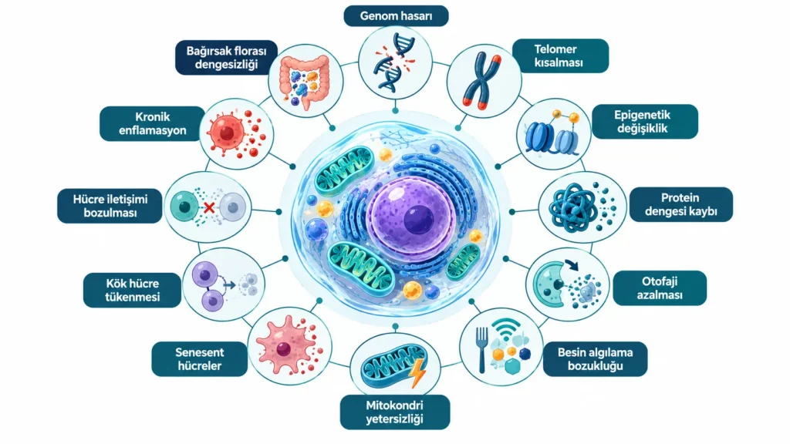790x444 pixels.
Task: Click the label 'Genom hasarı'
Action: (396, 15)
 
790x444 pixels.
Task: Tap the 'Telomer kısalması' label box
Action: (560, 55)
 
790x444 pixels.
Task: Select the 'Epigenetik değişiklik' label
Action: (644, 121)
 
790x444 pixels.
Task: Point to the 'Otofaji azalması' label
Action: (660, 288)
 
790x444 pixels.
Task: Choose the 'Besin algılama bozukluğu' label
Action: (595, 359)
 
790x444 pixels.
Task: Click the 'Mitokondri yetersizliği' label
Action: (395, 412)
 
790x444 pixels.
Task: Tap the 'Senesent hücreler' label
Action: (200, 359)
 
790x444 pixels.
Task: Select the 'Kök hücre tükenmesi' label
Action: (132, 290)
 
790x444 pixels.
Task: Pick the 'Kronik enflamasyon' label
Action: (152, 123)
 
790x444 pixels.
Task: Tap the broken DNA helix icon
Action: (394, 62)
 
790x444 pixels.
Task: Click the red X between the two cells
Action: (209, 207)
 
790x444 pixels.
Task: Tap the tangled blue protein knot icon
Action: (572, 207)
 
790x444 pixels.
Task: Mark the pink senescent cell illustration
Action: (284, 346)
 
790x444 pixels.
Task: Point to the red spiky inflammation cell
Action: (228, 133)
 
